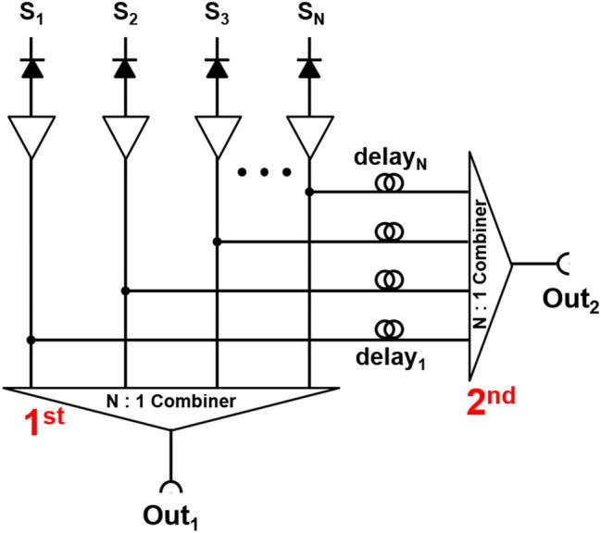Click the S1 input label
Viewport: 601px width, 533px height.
click(32, 16)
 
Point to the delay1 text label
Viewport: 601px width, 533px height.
click(386, 358)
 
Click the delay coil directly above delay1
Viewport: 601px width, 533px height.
click(388, 329)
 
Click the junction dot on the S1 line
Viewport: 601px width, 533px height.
click(31, 340)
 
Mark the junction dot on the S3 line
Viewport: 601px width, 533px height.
click(216, 242)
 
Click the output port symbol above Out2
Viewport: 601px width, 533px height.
click(563, 264)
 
